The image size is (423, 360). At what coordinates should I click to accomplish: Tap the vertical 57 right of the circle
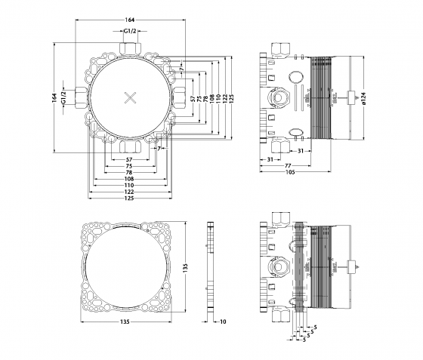coord(193,98)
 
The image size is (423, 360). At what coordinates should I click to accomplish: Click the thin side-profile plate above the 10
coord(211,268)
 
